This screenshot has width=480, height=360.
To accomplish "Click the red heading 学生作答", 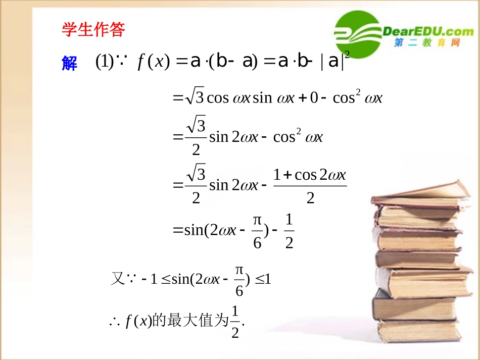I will pos(93,30).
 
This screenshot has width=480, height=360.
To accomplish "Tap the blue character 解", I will pos(69,63).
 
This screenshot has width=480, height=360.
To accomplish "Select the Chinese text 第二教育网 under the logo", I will pos(427,43).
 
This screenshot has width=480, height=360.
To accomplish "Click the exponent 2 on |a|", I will pos(347,53).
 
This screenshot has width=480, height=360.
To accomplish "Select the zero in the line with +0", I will pos(313,97).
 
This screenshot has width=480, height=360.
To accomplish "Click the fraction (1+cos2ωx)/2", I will pos(310,186).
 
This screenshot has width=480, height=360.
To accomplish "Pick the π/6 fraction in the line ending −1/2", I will pos(257,232).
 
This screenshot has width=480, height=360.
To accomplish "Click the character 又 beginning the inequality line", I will pos(117,279).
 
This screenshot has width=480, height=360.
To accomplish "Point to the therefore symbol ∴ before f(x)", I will pos(113,322).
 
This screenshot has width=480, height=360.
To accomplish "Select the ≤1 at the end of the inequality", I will pos(263,279).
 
